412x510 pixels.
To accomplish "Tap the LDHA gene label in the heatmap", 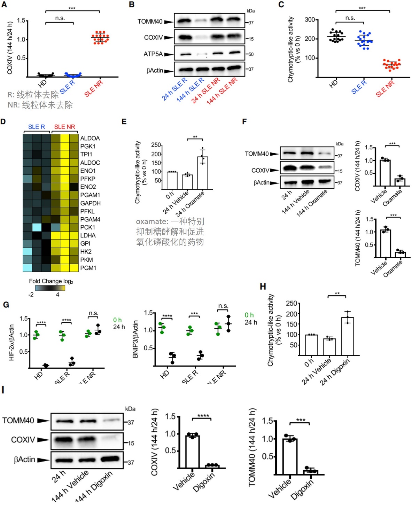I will (x=88, y=235).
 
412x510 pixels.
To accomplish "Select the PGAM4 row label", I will (x=90, y=219).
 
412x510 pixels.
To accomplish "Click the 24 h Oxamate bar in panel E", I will (x=202, y=173).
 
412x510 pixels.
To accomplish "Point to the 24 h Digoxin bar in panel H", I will (x=347, y=336).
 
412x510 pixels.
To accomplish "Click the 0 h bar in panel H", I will (x=311, y=345).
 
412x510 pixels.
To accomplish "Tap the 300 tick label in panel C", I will (x=310, y=20).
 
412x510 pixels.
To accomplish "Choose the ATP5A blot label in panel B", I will (x=153, y=54).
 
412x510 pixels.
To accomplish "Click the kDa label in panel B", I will (x=250, y=11).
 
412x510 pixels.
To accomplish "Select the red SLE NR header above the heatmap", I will (x=64, y=127).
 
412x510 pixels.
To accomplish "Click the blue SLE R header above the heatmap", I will (x=37, y=127).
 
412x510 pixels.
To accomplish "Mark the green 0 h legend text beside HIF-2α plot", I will (x=117, y=320).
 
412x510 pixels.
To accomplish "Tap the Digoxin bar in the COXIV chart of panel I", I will (x=212, y=466).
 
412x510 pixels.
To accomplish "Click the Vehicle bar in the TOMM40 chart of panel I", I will (x=290, y=456).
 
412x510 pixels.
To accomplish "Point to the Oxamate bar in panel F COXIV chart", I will (x=400, y=182).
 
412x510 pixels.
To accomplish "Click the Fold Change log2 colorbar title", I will (x=51, y=281).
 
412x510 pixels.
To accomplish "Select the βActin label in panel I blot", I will (x=24, y=460).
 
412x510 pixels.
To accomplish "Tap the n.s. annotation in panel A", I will (x=60, y=18).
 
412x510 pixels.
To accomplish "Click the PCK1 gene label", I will (x=87, y=227).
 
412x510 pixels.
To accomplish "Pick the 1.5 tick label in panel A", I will (x=21, y=21).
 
